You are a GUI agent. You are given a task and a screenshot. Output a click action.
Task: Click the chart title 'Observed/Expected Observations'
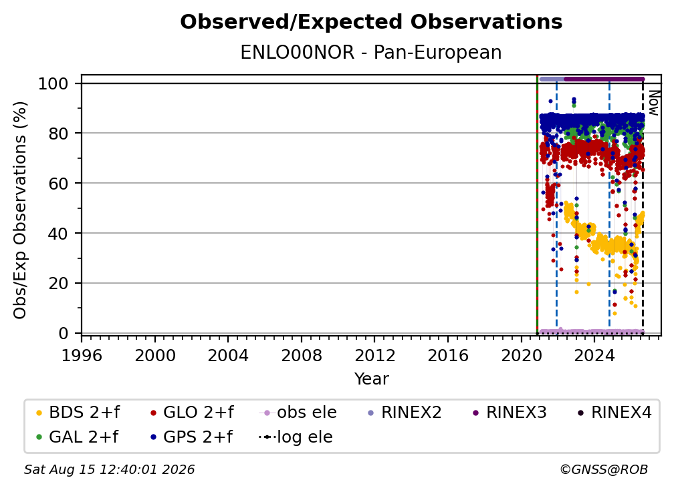371,22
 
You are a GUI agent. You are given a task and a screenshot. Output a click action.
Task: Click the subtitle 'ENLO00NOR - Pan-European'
371,52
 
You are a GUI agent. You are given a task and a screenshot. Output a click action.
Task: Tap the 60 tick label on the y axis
58,183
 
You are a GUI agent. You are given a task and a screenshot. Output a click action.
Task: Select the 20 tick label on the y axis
58,283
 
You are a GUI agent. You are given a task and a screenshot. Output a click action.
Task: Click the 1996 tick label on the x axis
82,355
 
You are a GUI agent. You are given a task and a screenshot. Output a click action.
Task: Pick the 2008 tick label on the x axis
302,355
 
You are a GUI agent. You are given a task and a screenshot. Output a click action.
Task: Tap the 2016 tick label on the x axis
448,355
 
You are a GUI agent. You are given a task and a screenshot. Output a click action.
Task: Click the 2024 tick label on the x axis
594,355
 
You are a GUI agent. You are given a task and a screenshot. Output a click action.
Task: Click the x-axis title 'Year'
371,379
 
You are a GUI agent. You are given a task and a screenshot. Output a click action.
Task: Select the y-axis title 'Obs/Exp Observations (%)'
20,210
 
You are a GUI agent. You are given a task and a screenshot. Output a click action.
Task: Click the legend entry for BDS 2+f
78,413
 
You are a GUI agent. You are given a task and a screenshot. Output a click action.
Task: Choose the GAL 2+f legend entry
78,437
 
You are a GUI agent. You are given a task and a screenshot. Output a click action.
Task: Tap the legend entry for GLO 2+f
192,413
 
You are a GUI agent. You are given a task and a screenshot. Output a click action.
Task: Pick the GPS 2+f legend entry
191,437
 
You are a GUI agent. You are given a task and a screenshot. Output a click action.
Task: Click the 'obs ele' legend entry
298,413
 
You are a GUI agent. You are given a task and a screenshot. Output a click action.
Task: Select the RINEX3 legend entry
510,413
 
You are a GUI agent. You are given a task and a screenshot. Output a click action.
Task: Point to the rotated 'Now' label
653,103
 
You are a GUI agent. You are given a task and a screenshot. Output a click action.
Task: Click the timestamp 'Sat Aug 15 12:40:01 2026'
109,469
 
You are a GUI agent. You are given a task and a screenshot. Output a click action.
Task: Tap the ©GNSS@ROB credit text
604,469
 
